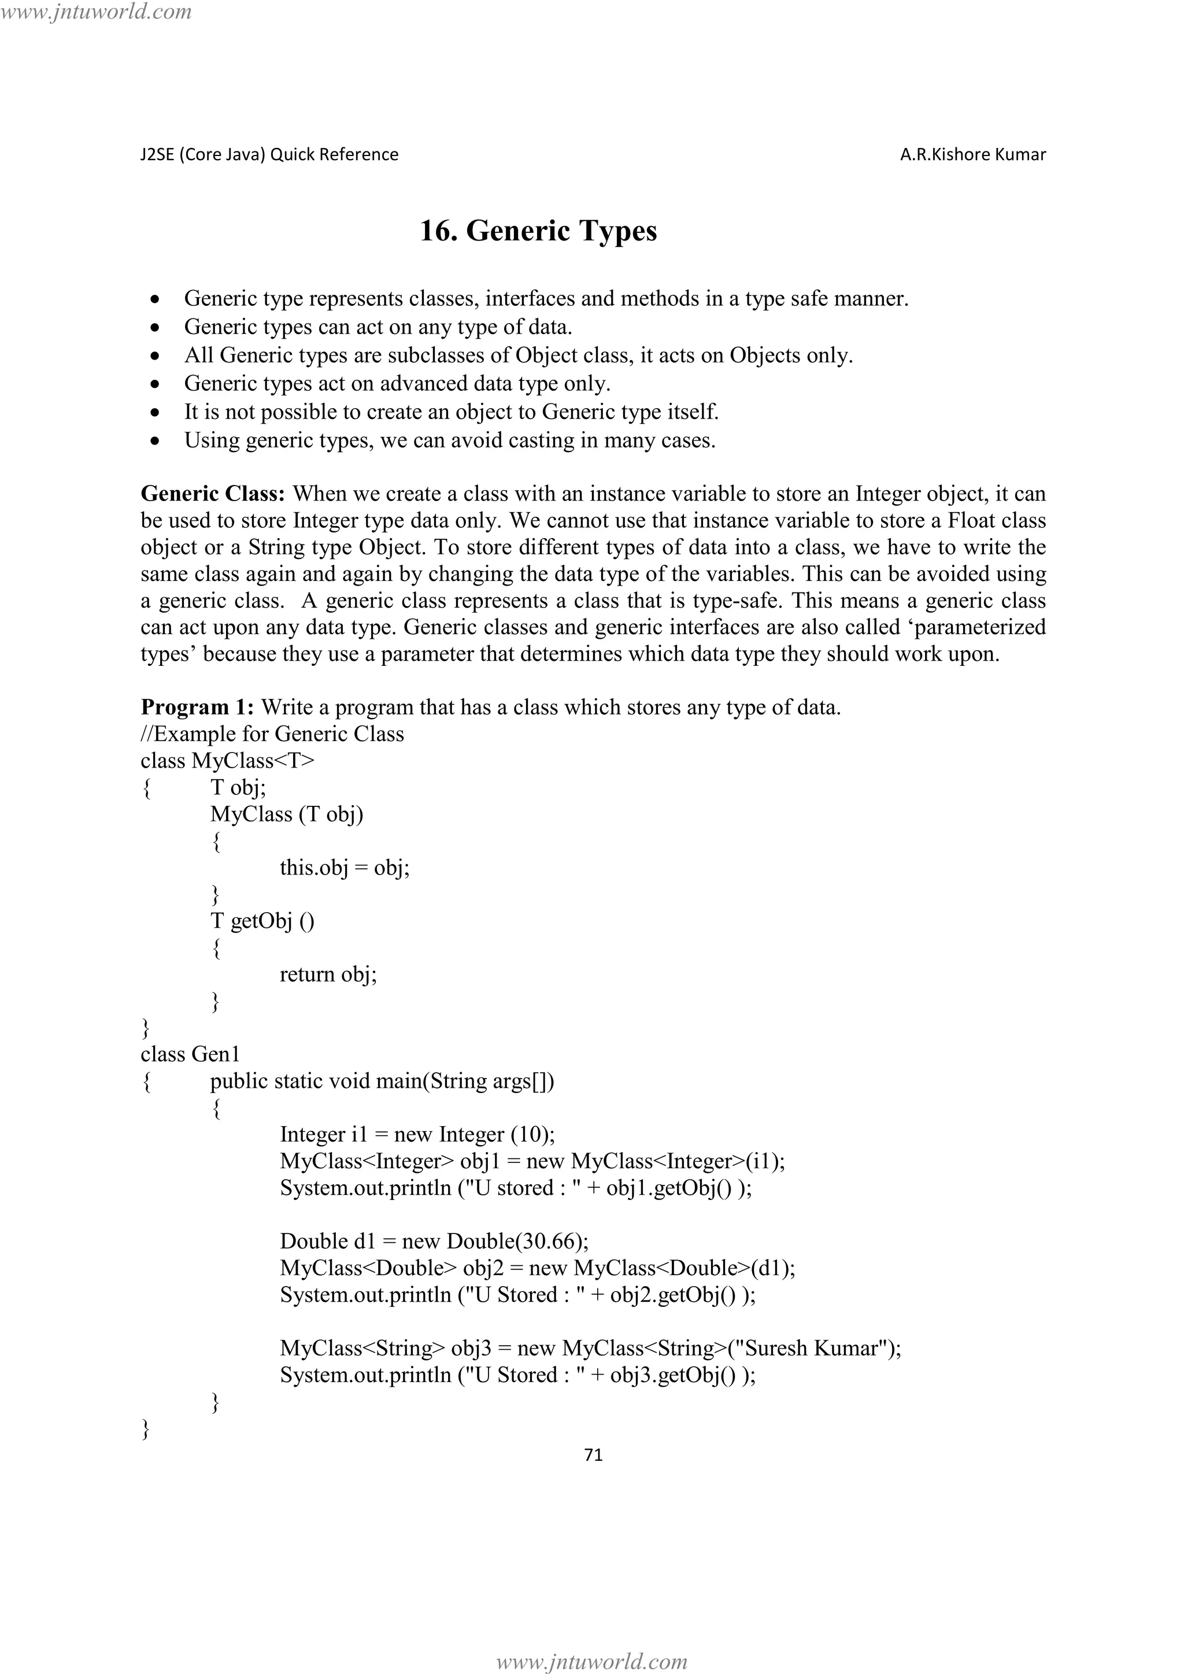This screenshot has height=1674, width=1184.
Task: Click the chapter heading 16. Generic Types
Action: pyautogui.click(x=538, y=231)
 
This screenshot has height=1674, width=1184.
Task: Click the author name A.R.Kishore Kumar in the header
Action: pyautogui.click(x=972, y=154)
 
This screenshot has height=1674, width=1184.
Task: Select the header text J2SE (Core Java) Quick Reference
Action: pyautogui.click(x=269, y=154)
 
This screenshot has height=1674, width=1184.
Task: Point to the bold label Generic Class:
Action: pyautogui.click(x=212, y=494)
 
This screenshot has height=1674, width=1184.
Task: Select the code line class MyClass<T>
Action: pyautogui.click(x=227, y=761)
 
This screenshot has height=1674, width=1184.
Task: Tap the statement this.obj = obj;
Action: pyautogui.click(x=344, y=868)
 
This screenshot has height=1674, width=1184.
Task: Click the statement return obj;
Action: pyautogui.click(x=328, y=974)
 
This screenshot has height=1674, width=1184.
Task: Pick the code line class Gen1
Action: pyautogui.click(x=190, y=1054)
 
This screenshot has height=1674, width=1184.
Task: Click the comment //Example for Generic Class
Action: pyautogui.click(x=272, y=734)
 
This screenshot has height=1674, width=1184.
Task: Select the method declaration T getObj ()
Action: pyautogui.click(x=262, y=921)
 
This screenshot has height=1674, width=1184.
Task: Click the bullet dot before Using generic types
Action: pyautogui.click(x=154, y=441)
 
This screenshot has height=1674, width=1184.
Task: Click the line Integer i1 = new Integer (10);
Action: pyautogui.click(x=417, y=1135)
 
